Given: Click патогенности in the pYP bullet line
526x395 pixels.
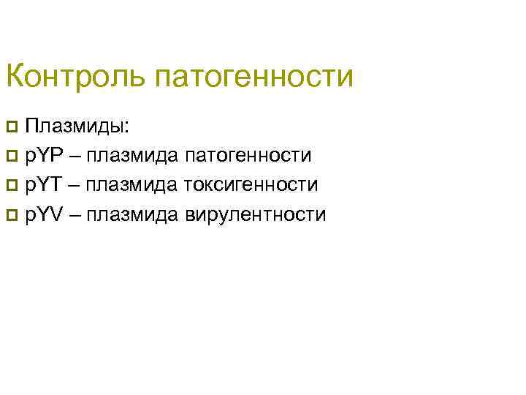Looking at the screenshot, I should point(249,156).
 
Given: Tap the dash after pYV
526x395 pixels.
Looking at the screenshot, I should point(75,216).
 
